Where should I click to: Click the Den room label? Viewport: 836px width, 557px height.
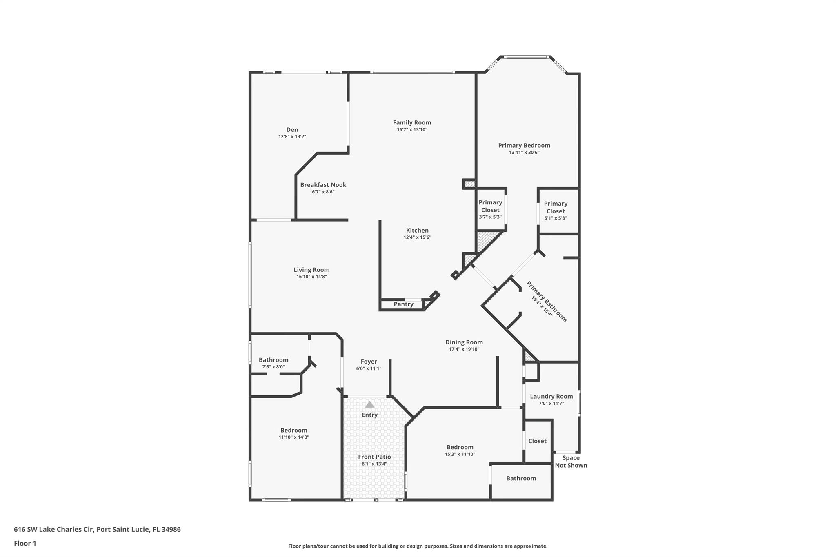292,130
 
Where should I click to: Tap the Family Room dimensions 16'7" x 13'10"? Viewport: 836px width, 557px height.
412,130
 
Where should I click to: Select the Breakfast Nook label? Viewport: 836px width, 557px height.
323,185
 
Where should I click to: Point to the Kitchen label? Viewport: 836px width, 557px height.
417,231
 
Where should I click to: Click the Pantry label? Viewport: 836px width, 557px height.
403,304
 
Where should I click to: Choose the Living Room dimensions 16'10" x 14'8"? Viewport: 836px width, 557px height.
311,277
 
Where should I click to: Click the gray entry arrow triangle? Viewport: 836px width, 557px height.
369,404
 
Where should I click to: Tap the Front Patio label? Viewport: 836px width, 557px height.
374,457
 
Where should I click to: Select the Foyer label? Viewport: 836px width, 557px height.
369,362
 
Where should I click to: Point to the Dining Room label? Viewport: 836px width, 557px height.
464,342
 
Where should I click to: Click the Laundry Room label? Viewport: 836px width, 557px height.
551,396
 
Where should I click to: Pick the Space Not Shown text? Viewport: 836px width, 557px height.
571,462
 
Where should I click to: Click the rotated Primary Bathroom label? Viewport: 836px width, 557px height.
546,302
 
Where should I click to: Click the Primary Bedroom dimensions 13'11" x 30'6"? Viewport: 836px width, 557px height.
524,153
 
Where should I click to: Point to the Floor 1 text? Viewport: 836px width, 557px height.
25,543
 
